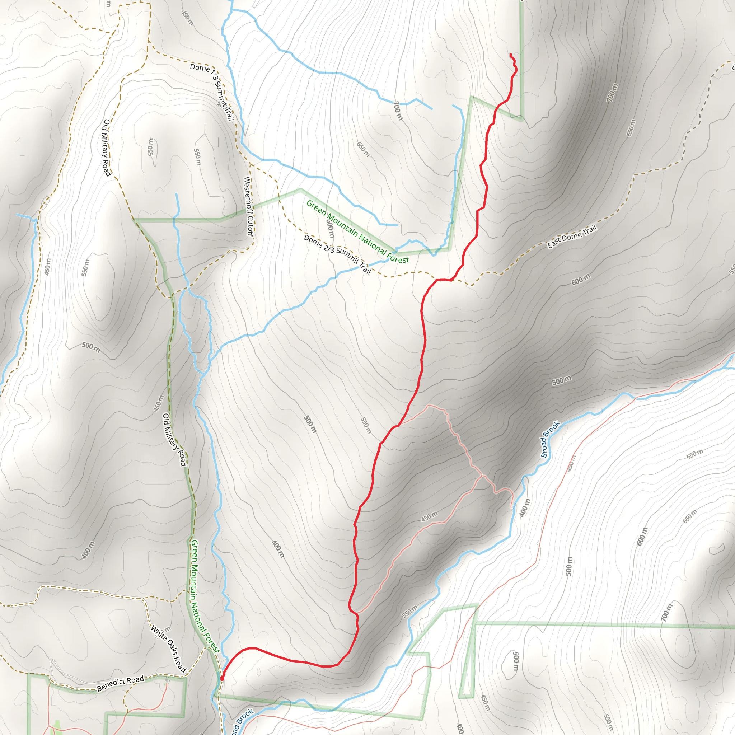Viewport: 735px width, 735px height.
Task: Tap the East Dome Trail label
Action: click(572, 237)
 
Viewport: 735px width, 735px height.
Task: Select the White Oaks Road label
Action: click(168, 649)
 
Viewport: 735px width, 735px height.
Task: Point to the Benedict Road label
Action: click(120, 683)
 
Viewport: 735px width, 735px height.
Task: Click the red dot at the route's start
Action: click(222, 678)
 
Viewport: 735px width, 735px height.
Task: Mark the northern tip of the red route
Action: click(510, 55)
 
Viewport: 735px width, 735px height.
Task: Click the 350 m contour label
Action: click(410, 611)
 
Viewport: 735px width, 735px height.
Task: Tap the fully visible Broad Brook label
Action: click(550, 439)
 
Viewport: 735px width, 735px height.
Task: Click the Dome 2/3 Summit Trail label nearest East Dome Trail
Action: click(337, 254)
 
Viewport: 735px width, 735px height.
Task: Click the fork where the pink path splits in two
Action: click(482, 475)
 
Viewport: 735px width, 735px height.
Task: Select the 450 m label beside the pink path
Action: click(430, 517)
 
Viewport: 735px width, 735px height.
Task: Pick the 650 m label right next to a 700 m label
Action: click(631, 128)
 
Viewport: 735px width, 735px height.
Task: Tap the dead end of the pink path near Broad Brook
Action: click(511, 507)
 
